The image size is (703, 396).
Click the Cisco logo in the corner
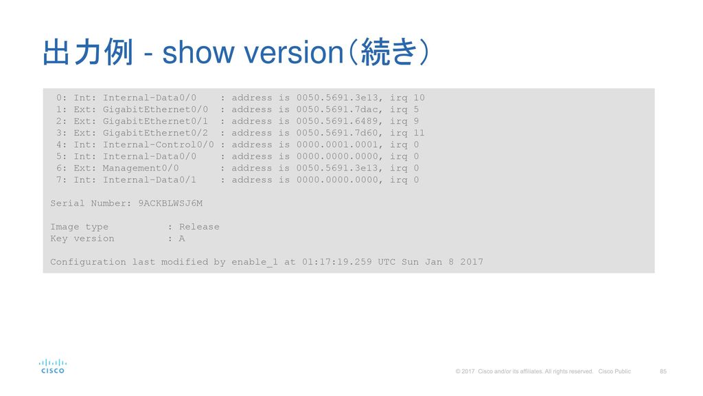click(x=53, y=366)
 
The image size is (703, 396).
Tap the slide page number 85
click(x=663, y=371)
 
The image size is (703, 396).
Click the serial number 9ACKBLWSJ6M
click(x=170, y=203)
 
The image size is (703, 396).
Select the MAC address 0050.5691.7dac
click(x=337, y=109)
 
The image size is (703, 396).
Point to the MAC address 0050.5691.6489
click(x=337, y=121)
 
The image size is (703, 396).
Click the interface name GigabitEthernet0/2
click(x=155, y=133)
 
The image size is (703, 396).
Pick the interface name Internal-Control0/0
click(x=159, y=144)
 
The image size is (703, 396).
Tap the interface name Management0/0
click(x=141, y=168)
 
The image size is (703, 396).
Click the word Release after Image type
click(x=199, y=227)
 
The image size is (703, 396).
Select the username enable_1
click(x=255, y=262)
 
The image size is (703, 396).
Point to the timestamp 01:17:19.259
click(x=336, y=262)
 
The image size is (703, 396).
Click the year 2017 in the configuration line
click(x=472, y=262)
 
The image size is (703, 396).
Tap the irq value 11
click(x=419, y=133)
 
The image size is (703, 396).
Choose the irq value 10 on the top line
click(x=419, y=98)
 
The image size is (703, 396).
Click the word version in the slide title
click(x=294, y=52)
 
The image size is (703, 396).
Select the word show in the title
click(x=198, y=52)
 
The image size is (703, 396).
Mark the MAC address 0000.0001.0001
click(x=337, y=144)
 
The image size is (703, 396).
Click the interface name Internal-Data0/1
click(x=149, y=179)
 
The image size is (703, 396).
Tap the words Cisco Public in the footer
click(x=614, y=371)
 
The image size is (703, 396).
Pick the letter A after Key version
click(x=181, y=239)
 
